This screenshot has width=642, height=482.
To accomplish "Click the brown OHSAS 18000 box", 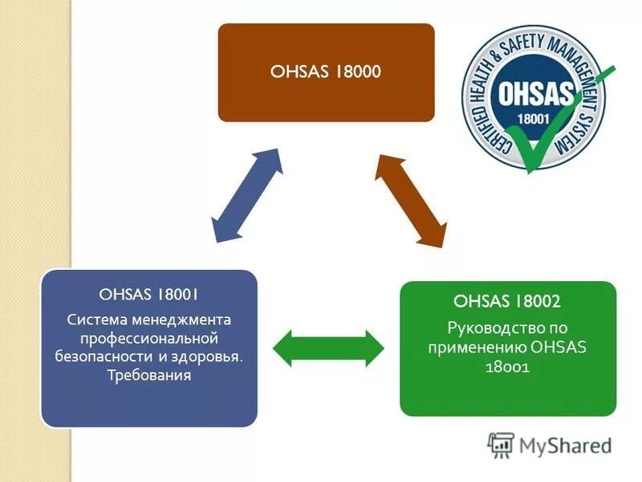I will [x=326, y=72].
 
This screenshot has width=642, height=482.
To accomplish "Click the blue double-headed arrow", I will [x=247, y=195].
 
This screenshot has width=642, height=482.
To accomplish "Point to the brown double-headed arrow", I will [x=411, y=200].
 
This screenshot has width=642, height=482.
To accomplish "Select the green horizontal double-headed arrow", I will [x=329, y=347].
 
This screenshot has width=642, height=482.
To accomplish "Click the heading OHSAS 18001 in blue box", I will [x=148, y=294].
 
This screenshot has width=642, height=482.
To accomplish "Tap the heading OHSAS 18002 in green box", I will [x=507, y=302].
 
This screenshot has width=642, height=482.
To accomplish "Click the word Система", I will [x=95, y=320].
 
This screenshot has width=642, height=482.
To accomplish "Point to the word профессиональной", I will [x=149, y=337].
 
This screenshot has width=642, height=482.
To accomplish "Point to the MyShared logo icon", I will [x=501, y=445].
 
